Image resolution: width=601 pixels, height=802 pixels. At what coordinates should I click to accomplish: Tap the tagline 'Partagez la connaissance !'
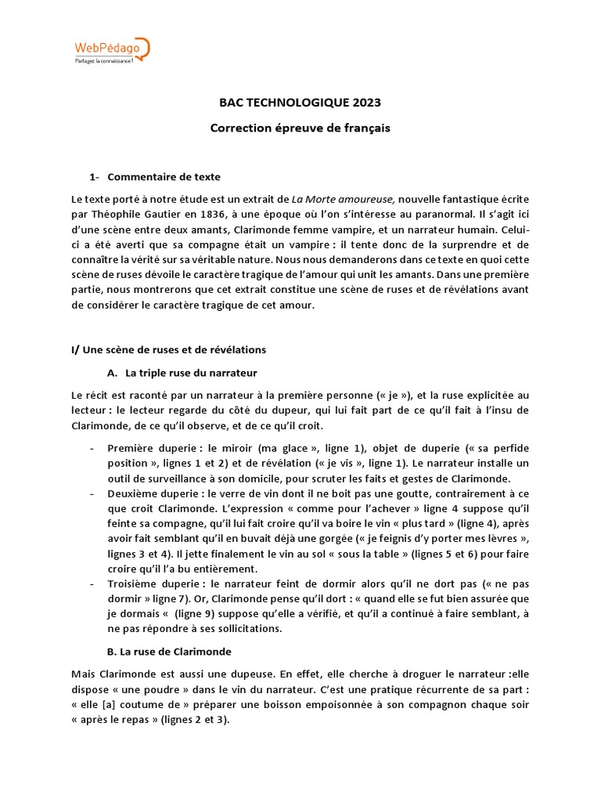coord(105,61)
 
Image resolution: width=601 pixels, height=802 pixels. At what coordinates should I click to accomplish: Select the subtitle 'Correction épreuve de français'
coord(300,127)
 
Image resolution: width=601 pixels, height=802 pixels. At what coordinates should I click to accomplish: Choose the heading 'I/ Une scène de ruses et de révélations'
coord(169,349)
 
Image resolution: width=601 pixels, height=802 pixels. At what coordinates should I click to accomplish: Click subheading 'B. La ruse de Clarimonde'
coord(169,651)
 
